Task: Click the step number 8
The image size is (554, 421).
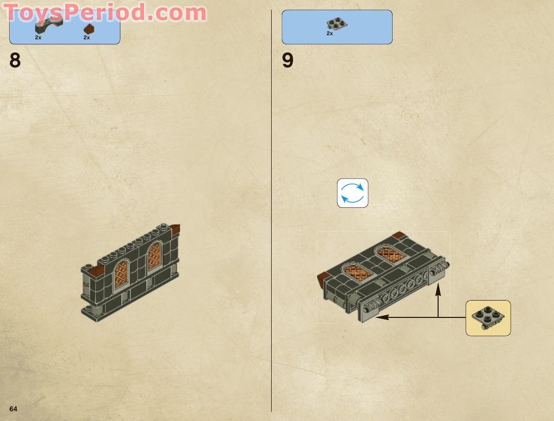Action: click(x=15, y=61)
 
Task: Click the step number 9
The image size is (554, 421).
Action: click(x=287, y=61)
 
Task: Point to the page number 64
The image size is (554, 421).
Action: click(x=13, y=409)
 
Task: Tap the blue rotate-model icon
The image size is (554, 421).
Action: click(x=352, y=193)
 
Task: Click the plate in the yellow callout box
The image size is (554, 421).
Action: click(x=488, y=317)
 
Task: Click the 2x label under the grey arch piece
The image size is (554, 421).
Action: click(x=38, y=37)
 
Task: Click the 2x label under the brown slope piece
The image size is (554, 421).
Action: click(x=87, y=37)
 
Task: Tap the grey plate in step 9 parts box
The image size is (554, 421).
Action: click(x=337, y=23)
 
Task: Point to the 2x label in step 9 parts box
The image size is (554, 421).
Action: click(x=330, y=33)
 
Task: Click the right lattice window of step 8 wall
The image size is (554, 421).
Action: click(x=154, y=256)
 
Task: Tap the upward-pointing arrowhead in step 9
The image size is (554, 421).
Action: click(x=438, y=289)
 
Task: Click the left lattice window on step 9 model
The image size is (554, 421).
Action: click(x=357, y=273)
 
